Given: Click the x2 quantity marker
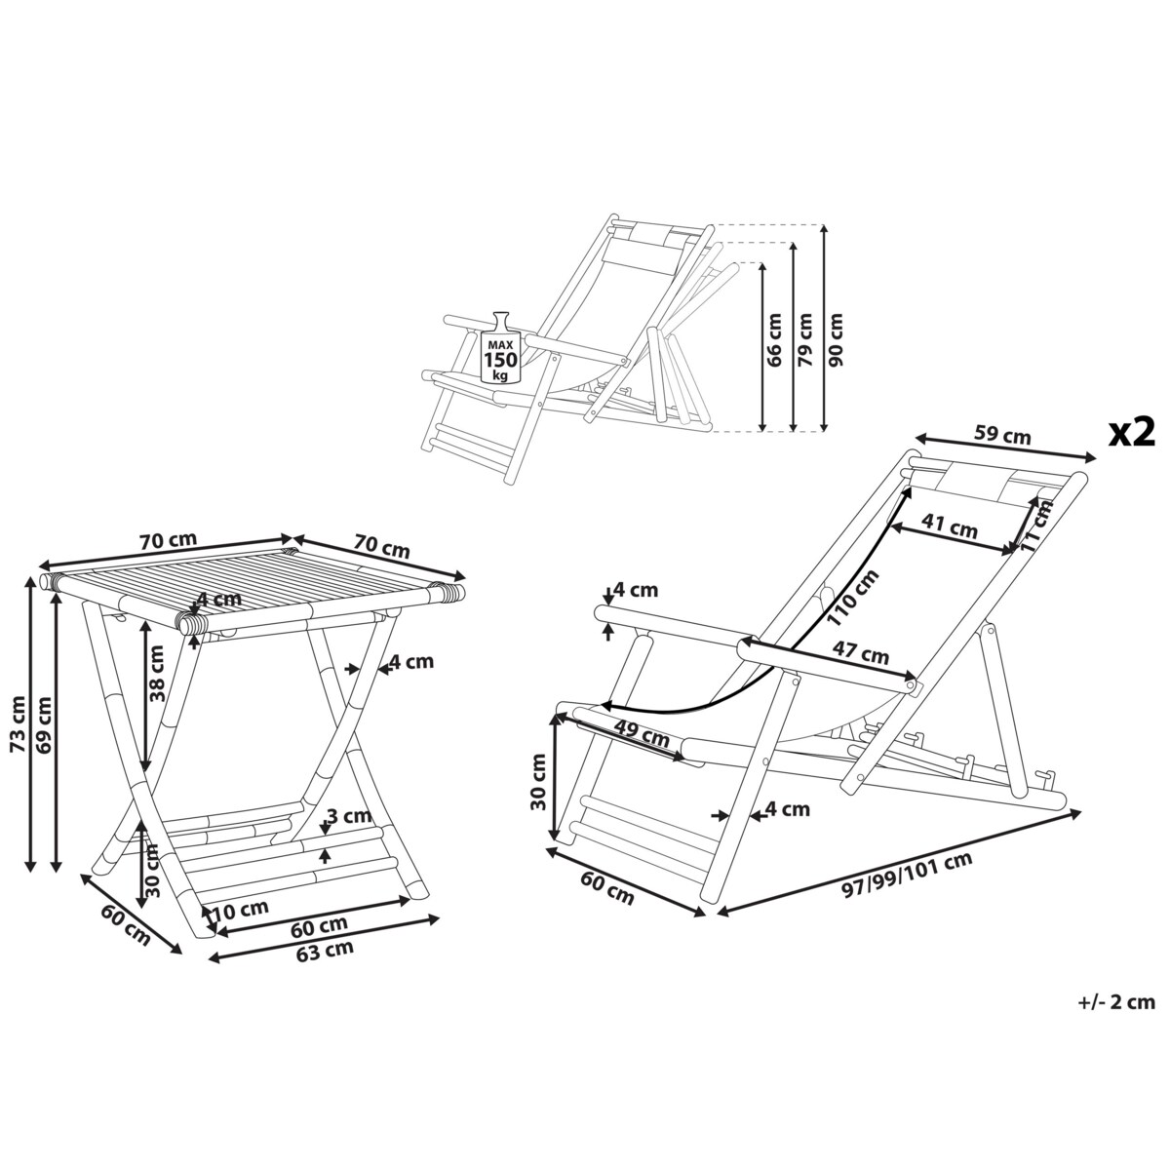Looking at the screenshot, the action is (1132, 434).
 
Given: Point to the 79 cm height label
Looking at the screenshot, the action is (805, 340).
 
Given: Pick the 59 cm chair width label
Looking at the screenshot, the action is (1002, 435).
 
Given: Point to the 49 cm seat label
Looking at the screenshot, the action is (642, 735).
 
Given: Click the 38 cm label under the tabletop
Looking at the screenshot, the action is (157, 674).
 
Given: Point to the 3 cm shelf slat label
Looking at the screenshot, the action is (348, 815).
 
